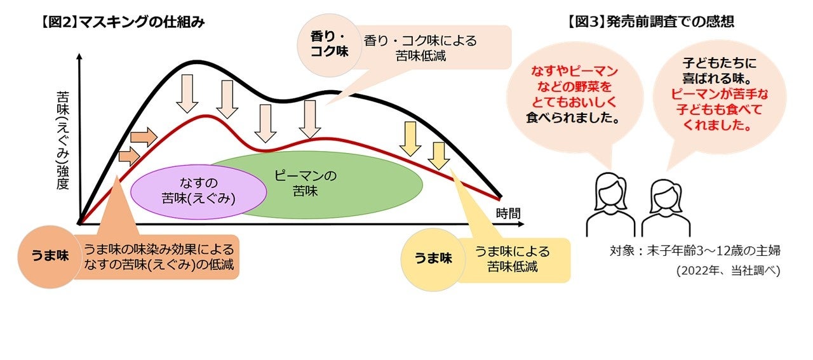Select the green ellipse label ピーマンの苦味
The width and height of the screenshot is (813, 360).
[306, 183]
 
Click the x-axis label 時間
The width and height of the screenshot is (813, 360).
[507, 213]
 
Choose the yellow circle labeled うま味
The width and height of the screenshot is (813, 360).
[433, 258]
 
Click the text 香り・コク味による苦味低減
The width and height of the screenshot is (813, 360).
[420, 48]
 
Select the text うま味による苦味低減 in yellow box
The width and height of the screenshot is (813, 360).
[512, 258]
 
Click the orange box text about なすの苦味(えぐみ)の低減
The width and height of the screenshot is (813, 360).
[158, 257]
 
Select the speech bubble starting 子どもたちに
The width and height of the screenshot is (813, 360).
[719, 95]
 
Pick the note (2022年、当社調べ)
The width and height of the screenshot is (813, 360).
[727, 271]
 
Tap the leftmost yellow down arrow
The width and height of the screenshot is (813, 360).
[410, 138]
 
